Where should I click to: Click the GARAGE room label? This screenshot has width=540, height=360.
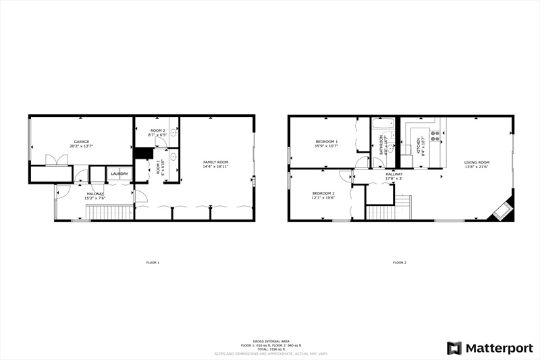point(82,142)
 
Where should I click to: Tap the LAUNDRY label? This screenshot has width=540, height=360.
point(119,174)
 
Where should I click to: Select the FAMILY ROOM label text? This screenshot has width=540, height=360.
point(217,161)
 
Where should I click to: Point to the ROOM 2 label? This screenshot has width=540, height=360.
point(158,130)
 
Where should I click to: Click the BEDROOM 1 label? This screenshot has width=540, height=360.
point(326,142)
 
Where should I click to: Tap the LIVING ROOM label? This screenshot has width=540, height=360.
point(477,162)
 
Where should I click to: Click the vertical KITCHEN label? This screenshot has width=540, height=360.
point(418,146)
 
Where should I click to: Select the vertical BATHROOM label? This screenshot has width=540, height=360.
point(381,146)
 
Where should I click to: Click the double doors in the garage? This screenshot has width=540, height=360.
point(56,160)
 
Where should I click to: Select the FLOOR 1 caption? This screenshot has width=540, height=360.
point(153,262)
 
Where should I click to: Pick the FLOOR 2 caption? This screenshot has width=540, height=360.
point(400,262)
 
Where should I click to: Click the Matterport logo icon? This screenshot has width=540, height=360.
point(454,348)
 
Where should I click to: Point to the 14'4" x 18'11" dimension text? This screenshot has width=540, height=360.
point(217,166)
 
